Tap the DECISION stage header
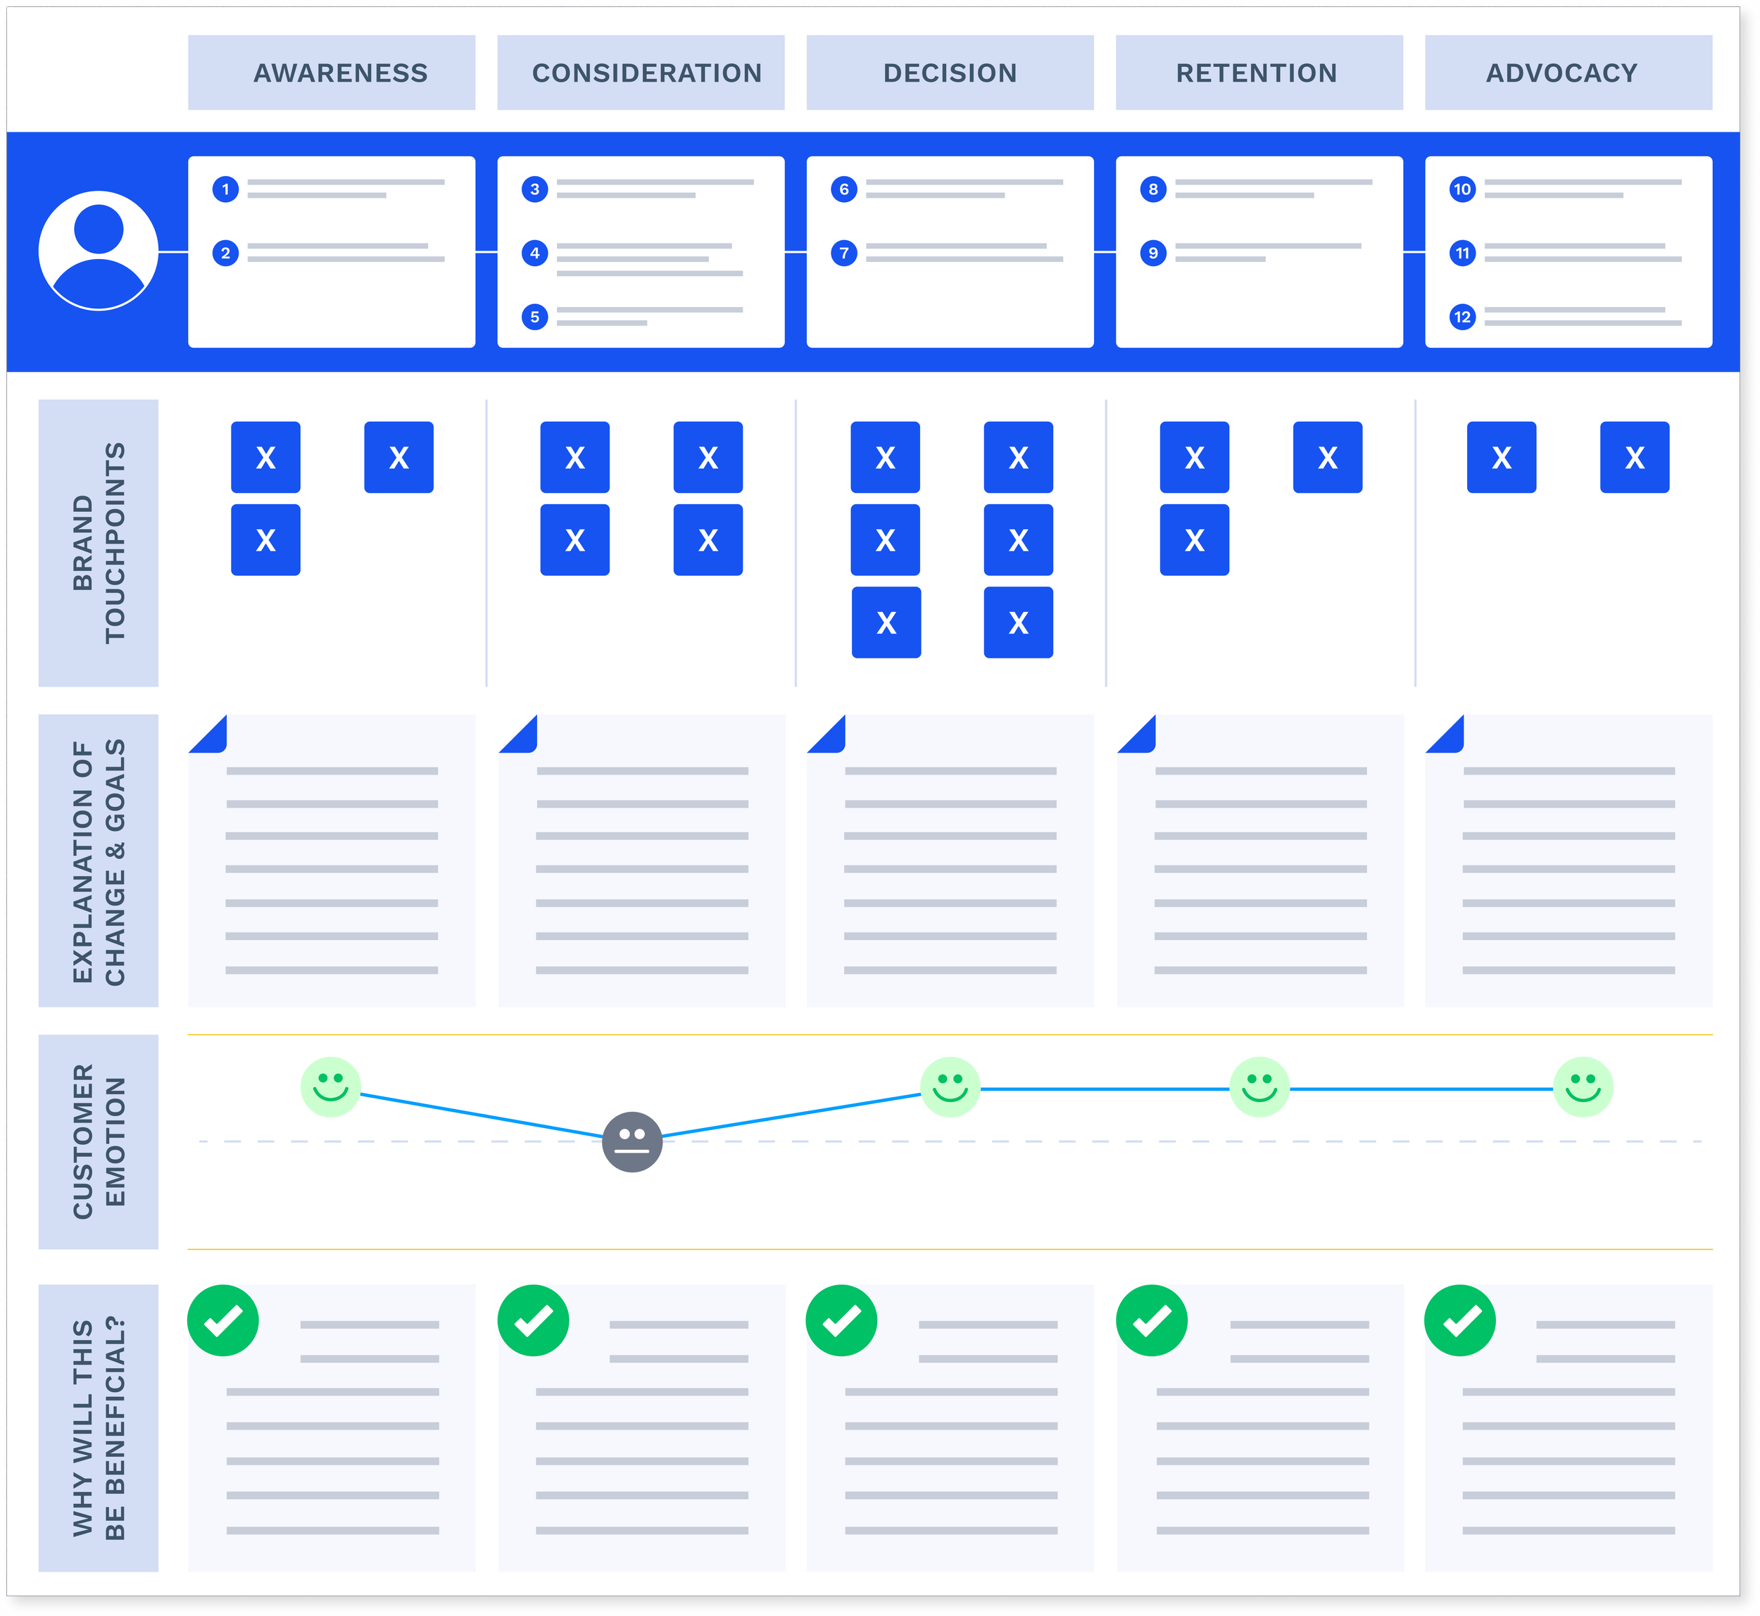950,73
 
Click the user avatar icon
99,251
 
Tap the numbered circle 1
225,189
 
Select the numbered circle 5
535,317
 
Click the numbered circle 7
843,253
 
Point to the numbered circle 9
1153,253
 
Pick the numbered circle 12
1462,317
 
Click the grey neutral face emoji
632,1142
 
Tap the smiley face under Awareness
330,1087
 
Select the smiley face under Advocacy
1583,1087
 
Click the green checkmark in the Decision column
842,1320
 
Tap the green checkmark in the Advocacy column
1460,1320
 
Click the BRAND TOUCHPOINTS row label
99,543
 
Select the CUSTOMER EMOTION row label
99,1141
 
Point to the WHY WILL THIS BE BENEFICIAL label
99,1427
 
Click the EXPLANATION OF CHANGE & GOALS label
99,860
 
